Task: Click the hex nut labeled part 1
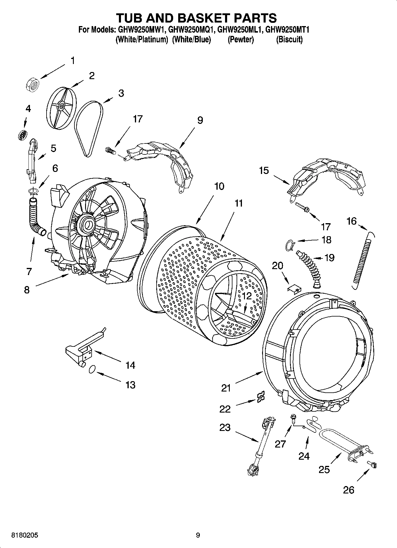coord(31,85)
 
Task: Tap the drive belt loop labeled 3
coord(88,127)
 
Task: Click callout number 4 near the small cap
coord(28,109)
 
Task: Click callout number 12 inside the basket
coord(246,296)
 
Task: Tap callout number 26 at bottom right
coord(349,490)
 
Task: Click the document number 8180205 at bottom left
coord(25,535)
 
